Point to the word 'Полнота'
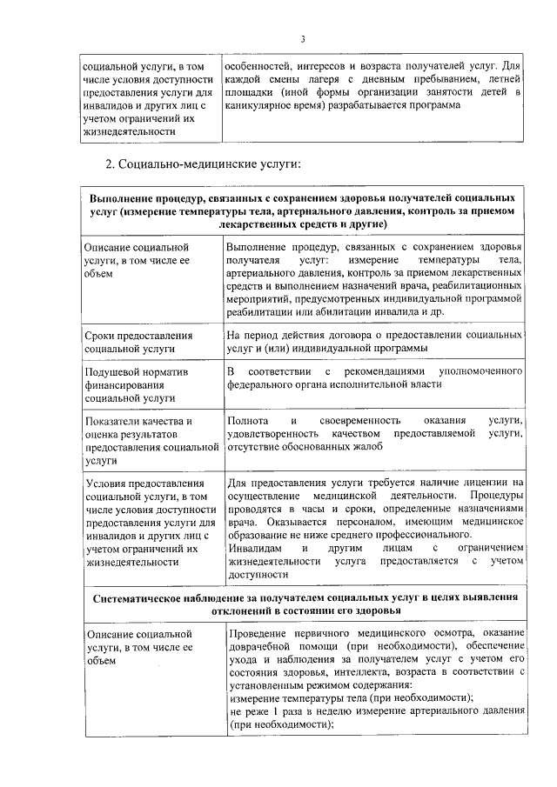pyautogui.click(x=245, y=421)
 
